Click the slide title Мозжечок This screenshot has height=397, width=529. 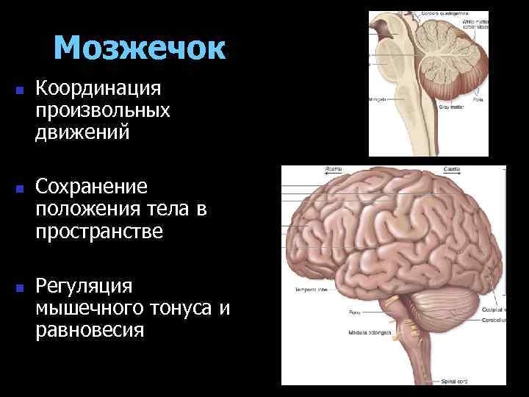[x=139, y=49]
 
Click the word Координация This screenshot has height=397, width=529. [x=97, y=90]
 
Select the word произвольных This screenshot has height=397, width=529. [x=102, y=111]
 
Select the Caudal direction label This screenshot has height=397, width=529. [x=451, y=169]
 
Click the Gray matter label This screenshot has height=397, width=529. [x=449, y=107]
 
